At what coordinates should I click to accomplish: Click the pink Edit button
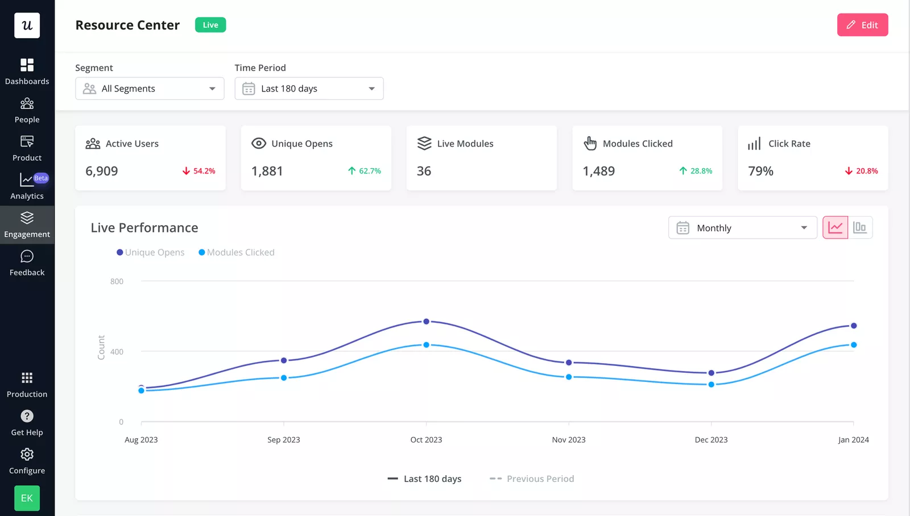[862, 25]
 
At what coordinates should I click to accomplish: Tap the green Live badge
[210, 25]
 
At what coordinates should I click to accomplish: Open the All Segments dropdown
[150, 89]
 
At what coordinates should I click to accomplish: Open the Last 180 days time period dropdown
[309, 89]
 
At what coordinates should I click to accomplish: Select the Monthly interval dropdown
[742, 228]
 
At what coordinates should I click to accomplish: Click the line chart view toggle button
[835, 228]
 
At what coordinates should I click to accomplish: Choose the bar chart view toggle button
[860, 228]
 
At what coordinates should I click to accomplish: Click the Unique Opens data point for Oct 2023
[427, 322]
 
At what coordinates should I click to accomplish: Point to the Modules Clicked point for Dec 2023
[712, 385]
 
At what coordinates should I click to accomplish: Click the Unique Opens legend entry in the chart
[151, 252]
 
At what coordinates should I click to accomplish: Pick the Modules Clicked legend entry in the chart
[237, 252]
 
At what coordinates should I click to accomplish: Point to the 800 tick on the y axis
[117, 281]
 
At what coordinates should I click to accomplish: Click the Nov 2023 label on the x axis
[569, 440]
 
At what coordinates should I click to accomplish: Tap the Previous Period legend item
[532, 479]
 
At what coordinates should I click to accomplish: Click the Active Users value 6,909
[102, 171]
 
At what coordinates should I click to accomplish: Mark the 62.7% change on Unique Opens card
[365, 171]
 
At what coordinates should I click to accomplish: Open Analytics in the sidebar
[27, 186]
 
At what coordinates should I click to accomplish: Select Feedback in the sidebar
[27, 263]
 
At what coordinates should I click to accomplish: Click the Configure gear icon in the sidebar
[27, 455]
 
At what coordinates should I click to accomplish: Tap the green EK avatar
[27, 498]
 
